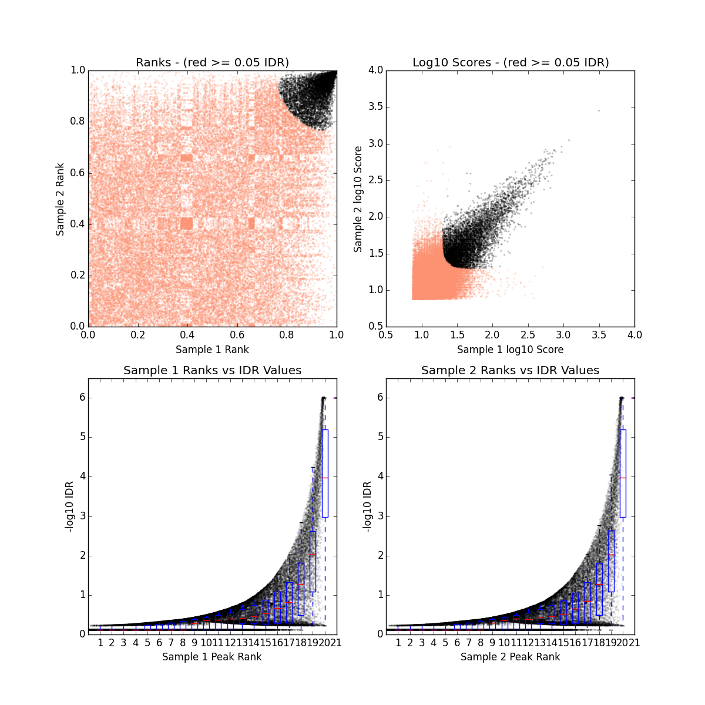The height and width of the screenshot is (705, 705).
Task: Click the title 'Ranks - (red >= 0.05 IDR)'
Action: pos(212,62)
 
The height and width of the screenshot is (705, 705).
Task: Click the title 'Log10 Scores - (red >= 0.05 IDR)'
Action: pos(510,62)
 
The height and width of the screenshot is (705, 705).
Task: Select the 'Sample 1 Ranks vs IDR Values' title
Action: pos(212,370)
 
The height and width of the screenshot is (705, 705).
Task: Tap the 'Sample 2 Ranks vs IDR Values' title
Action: pos(510,370)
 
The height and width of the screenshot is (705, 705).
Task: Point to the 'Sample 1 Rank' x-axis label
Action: pos(212,350)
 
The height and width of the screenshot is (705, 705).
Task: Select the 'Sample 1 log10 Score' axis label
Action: pos(510,350)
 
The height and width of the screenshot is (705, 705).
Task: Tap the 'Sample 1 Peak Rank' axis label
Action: pos(212,657)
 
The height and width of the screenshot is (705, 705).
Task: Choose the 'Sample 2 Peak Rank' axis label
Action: pos(510,657)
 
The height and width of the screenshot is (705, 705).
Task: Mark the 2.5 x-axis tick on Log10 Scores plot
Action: pos(563,335)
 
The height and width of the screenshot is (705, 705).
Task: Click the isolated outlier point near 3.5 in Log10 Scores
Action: pos(599,110)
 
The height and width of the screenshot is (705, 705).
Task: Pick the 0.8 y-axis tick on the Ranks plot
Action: pos(77,122)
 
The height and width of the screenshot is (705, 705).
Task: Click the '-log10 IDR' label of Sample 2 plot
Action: pos(367,506)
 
